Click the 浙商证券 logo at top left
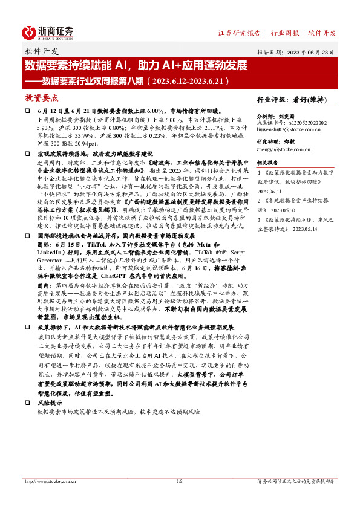click(x=48, y=32)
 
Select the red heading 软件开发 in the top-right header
click(x=322, y=33)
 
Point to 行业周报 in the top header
click(x=286, y=33)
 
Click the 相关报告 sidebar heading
click(x=267, y=163)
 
